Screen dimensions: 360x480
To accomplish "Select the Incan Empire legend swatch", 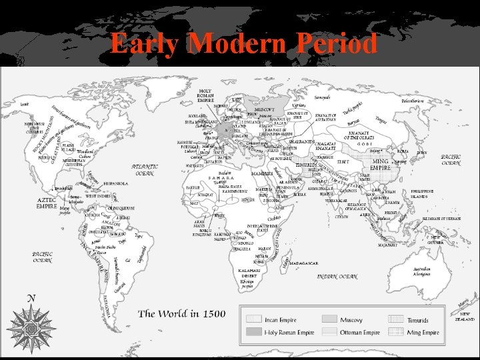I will pyautogui.click(x=255, y=319).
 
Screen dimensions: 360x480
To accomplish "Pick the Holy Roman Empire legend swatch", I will pyautogui.click(x=255, y=332).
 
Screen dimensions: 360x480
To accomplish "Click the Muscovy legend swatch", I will pyautogui.click(x=331, y=319).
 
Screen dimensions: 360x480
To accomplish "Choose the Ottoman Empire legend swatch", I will pyautogui.click(x=331, y=332).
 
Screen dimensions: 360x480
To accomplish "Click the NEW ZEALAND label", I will pyautogui.click(x=466, y=317).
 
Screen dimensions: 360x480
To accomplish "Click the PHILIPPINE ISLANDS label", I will pyautogui.click(x=427, y=193).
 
